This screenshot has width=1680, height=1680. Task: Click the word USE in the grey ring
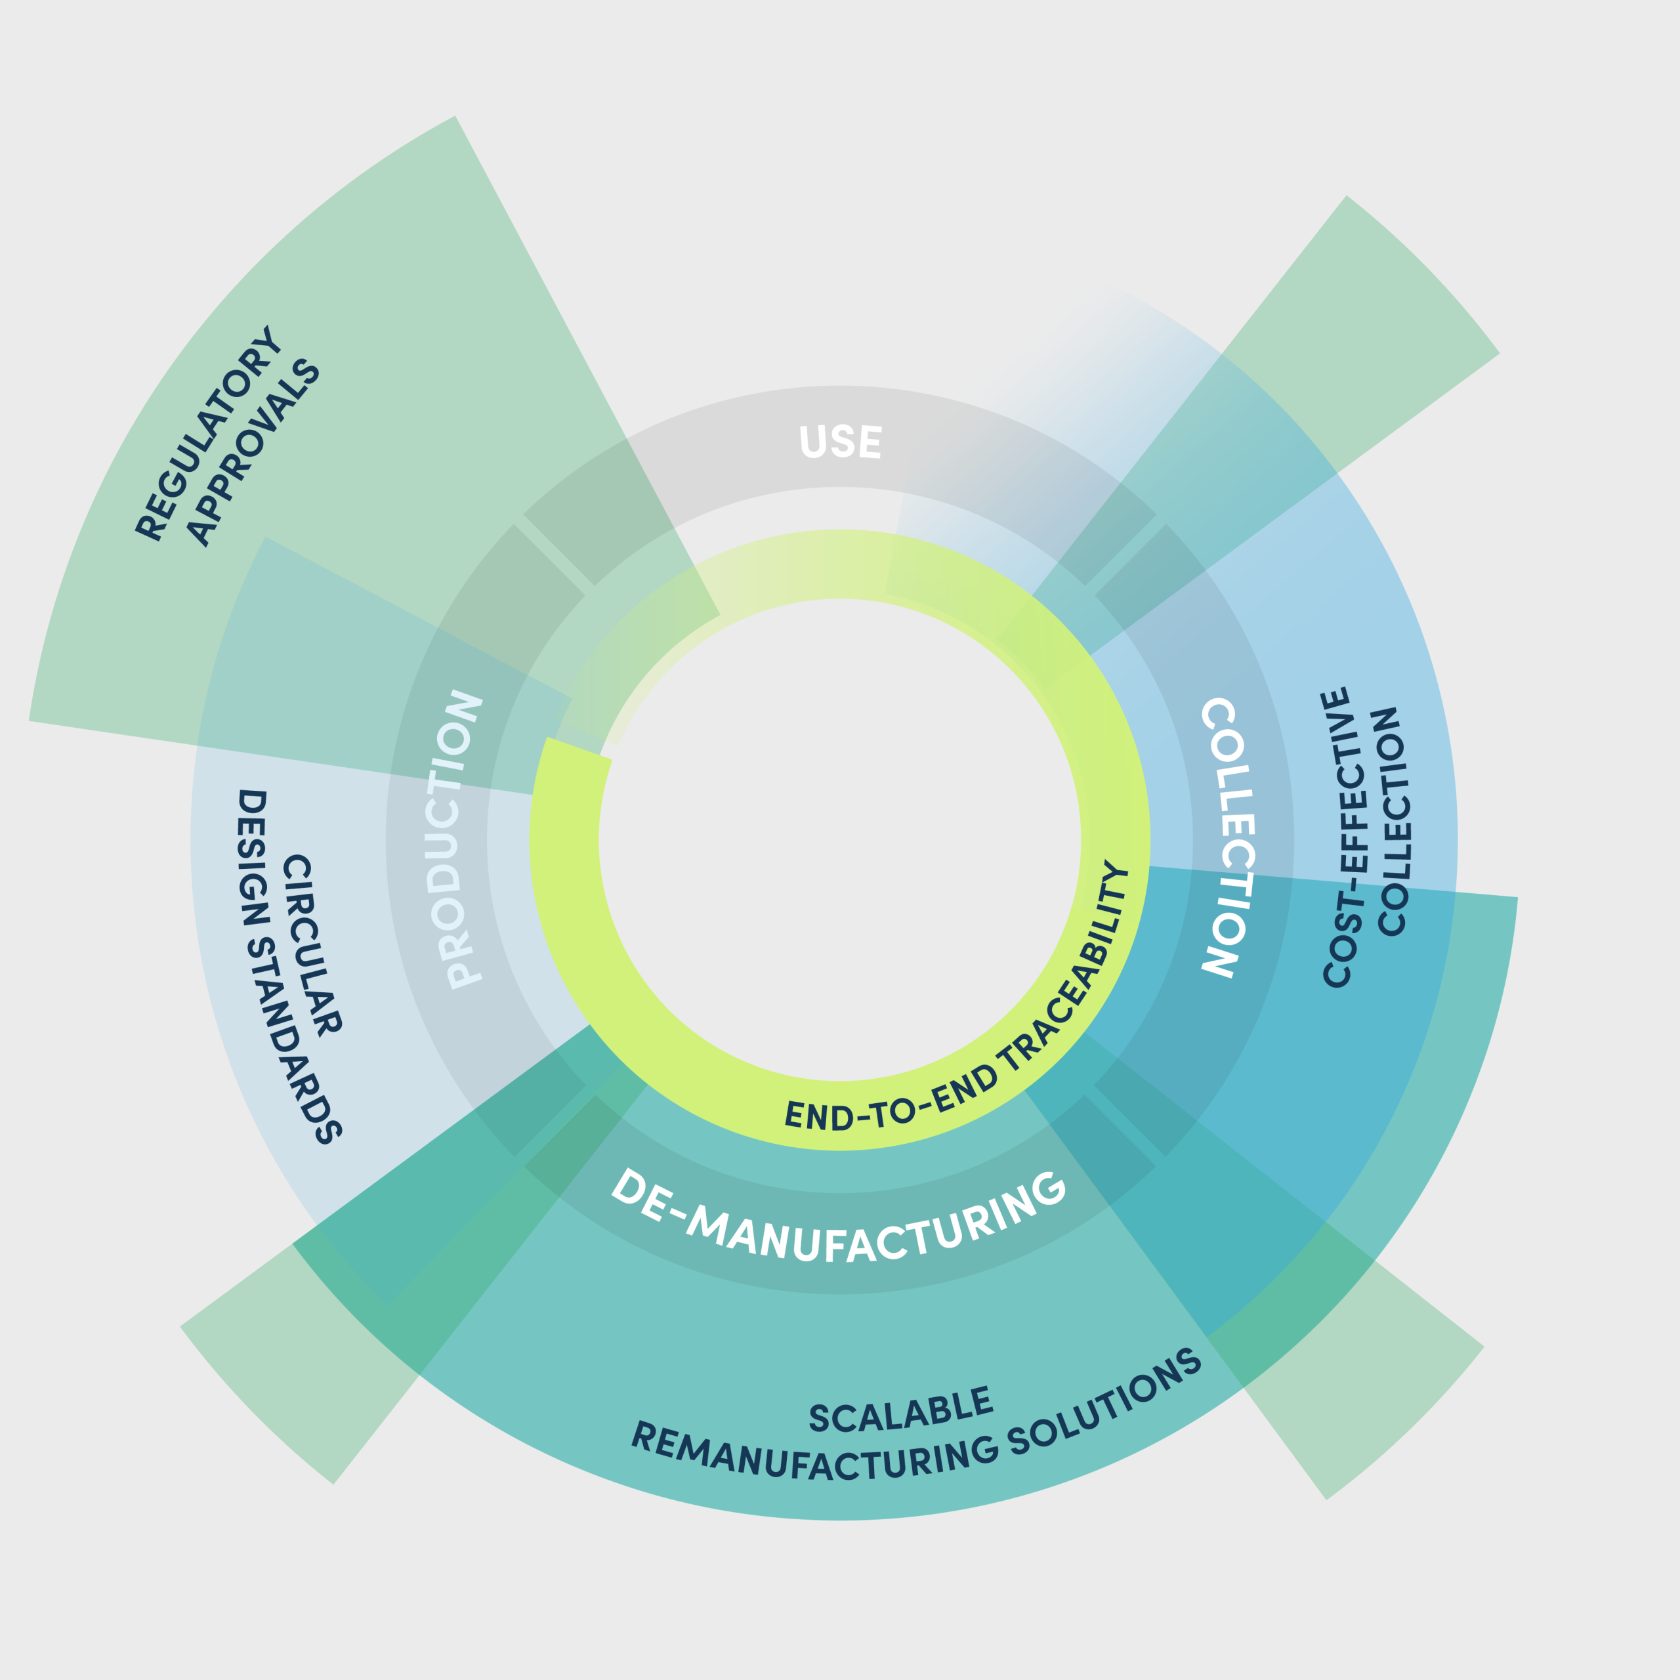pyautogui.click(x=840, y=442)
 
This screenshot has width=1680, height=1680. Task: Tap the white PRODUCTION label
pyautogui.click(x=458, y=840)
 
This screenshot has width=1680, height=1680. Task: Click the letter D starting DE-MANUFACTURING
pyautogui.click(x=627, y=1185)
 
